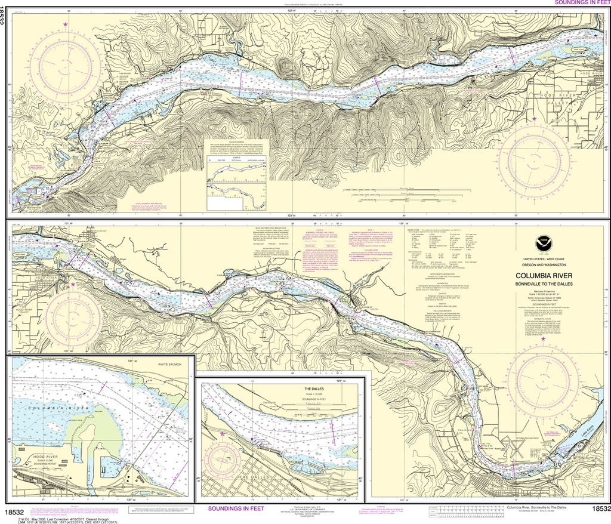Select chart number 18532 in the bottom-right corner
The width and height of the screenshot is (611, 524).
pos(600,509)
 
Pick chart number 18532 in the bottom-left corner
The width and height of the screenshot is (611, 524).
pos(13,512)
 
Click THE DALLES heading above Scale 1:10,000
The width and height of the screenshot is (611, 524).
pos(308,387)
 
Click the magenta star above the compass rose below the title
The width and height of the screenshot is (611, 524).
pos(542,339)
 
